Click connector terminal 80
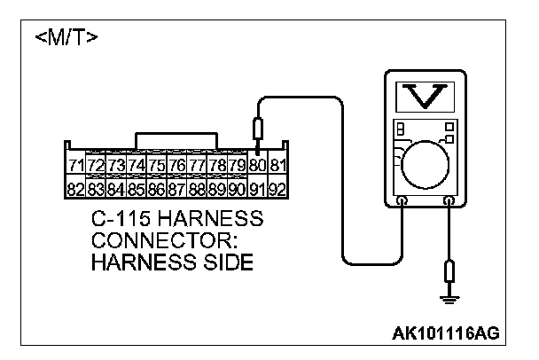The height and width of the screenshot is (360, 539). (258, 167)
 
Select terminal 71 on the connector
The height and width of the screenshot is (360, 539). (76, 167)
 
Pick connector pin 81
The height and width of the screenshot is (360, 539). (277, 167)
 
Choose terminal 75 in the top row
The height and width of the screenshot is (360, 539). (156, 167)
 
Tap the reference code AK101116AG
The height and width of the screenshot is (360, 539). (446, 333)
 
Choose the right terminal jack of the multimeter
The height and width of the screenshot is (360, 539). (448, 203)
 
